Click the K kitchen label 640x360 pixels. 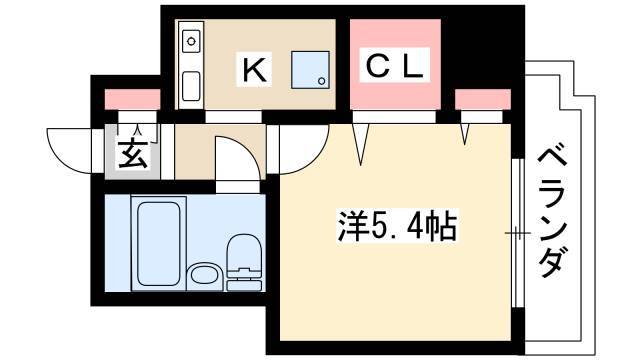(x=255, y=69)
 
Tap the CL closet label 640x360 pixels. (x=394, y=66)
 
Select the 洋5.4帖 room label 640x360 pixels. (x=397, y=226)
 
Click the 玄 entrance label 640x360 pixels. (x=132, y=154)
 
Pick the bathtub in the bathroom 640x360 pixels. (x=159, y=244)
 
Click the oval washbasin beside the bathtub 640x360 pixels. (x=204, y=275)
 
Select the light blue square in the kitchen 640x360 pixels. (x=310, y=70)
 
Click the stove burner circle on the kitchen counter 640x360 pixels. (x=191, y=41)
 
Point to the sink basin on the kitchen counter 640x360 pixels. (x=191, y=86)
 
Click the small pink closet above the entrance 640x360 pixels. (x=132, y=100)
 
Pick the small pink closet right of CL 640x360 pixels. (x=483, y=100)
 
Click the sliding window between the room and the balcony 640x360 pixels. (x=518, y=233)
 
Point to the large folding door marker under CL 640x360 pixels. (x=361, y=144)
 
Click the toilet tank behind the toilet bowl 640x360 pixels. (x=244, y=285)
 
